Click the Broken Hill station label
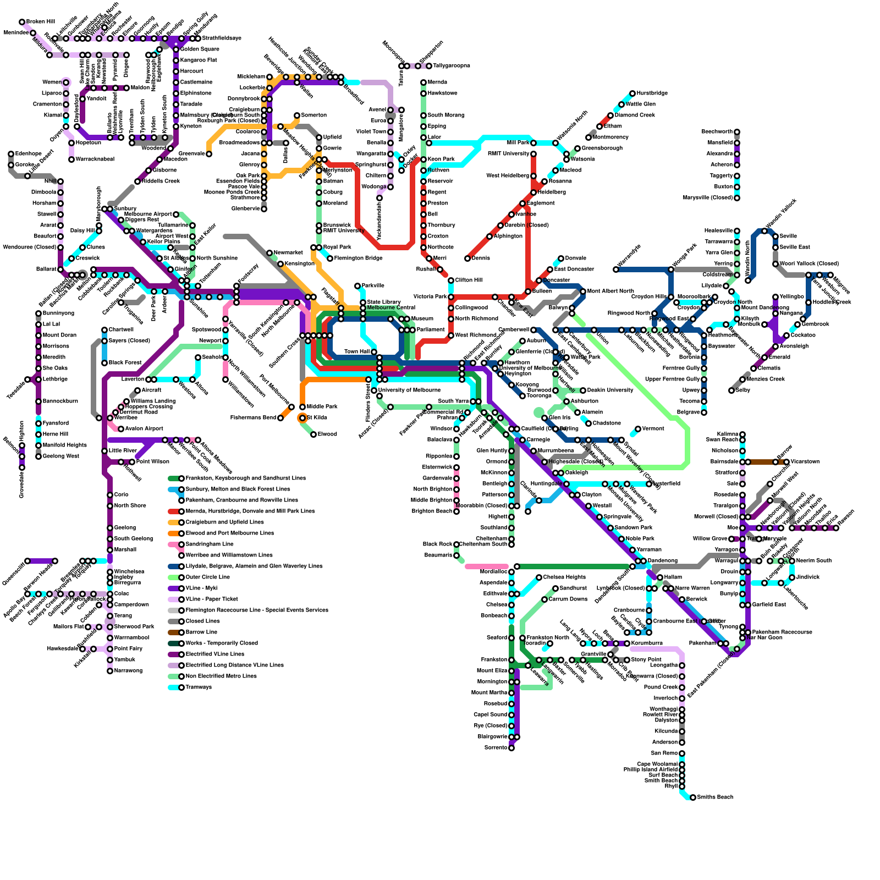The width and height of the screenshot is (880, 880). click(x=40, y=22)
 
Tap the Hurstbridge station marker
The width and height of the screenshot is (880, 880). click(x=632, y=94)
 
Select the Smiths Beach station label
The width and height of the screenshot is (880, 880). click(x=714, y=798)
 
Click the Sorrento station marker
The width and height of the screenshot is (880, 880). click(x=512, y=748)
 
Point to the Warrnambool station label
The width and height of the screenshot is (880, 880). click(x=131, y=638)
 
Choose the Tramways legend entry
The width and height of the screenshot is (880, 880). click(x=199, y=687)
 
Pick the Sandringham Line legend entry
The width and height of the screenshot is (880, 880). click(x=209, y=544)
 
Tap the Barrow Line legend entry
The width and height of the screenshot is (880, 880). click(x=201, y=632)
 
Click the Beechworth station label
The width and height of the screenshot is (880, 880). click(x=717, y=132)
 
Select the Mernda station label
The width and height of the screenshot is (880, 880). click(x=437, y=82)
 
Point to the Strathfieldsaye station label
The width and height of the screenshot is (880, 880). click(x=222, y=38)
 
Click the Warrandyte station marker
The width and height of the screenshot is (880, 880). click(x=616, y=269)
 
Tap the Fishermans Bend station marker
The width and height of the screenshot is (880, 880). click(x=280, y=418)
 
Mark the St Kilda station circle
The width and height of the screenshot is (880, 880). click(x=302, y=418)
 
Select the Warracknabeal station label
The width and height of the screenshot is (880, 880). click(x=95, y=159)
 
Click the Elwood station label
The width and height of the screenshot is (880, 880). click(x=327, y=435)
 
